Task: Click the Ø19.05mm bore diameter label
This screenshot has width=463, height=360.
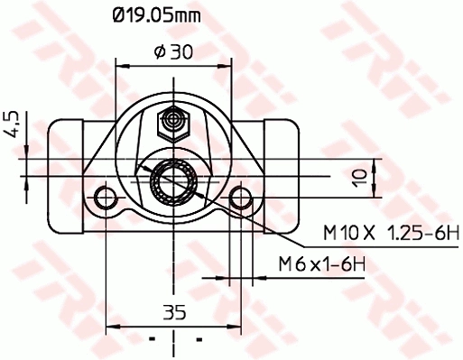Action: (x=156, y=15)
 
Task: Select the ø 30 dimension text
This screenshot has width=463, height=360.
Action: (x=173, y=51)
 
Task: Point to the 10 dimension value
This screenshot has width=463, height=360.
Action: (x=359, y=178)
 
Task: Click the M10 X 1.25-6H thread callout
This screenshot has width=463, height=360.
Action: (x=392, y=233)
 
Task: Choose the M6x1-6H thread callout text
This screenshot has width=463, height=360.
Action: (x=322, y=264)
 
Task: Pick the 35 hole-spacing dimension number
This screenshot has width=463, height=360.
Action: (x=174, y=312)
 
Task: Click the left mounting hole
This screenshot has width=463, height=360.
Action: (x=106, y=198)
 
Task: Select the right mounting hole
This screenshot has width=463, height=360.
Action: (x=241, y=198)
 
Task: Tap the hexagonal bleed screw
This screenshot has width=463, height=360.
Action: (x=173, y=124)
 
